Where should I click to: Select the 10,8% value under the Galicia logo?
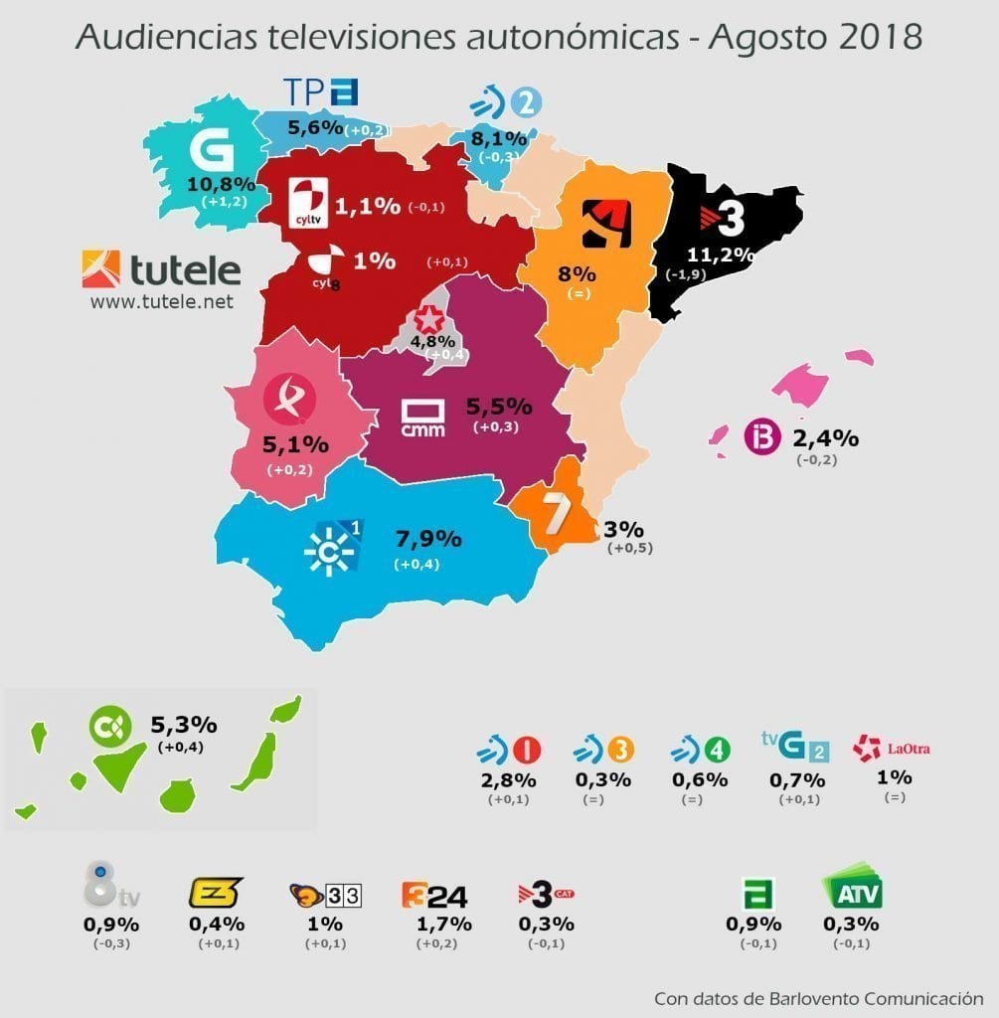pyautogui.click(x=217, y=184)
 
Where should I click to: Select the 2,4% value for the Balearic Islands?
pyautogui.click(x=825, y=437)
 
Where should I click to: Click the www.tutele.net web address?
pyautogui.click(x=162, y=301)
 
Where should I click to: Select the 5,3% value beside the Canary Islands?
pyautogui.click(x=183, y=725)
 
